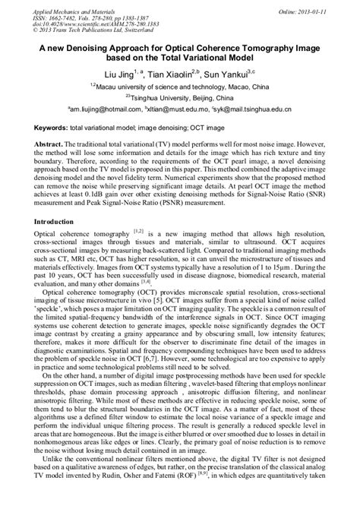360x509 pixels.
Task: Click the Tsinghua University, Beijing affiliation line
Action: [x=181, y=97]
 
